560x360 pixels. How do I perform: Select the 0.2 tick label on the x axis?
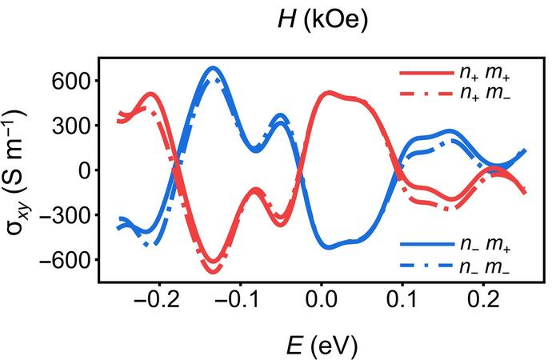click(x=482, y=302)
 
